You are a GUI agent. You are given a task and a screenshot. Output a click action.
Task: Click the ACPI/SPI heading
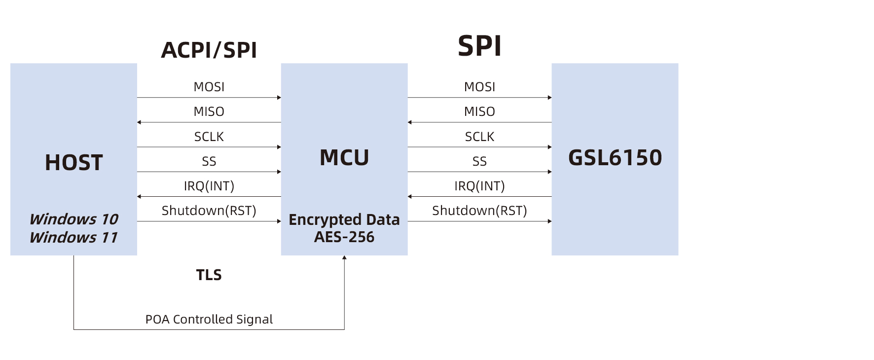pyautogui.click(x=209, y=50)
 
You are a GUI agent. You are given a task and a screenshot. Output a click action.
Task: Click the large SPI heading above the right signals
pyautogui.click(x=479, y=46)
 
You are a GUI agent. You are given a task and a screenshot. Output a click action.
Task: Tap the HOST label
pyautogui.click(x=74, y=163)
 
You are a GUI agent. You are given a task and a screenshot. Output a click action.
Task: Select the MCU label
pyautogui.click(x=344, y=158)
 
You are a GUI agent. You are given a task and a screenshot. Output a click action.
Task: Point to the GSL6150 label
pyautogui.click(x=615, y=158)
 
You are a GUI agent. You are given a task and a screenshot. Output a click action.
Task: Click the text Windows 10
pyautogui.click(x=74, y=219)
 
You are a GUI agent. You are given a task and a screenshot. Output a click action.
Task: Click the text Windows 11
pyautogui.click(x=74, y=237)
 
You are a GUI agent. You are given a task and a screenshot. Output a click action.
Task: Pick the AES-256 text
pyautogui.click(x=344, y=237)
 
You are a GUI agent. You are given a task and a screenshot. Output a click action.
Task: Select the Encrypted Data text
pyautogui.click(x=344, y=219)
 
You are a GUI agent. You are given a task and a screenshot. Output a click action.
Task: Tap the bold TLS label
pyautogui.click(x=209, y=275)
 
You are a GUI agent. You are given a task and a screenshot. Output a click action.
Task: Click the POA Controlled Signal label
pyautogui.click(x=209, y=320)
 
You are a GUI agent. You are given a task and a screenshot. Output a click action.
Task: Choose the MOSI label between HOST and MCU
pyautogui.click(x=209, y=87)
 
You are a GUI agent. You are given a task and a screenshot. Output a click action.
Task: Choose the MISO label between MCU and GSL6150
pyautogui.click(x=479, y=111)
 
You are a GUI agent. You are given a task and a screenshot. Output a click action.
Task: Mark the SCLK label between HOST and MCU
pyautogui.click(x=209, y=137)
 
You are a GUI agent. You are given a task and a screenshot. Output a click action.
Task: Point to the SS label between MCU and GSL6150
pyautogui.click(x=479, y=161)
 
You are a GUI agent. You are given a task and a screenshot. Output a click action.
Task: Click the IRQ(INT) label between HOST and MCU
pyautogui.click(x=209, y=186)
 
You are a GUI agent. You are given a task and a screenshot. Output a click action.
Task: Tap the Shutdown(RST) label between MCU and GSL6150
pyautogui.click(x=479, y=211)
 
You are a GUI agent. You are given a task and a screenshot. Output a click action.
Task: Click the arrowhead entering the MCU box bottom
pyautogui.click(x=344, y=257)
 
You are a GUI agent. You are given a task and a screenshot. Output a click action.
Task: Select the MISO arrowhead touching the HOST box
pyautogui.click(x=139, y=122)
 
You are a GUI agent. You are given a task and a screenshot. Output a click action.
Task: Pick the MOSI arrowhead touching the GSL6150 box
pyautogui.click(x=549, y=98)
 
